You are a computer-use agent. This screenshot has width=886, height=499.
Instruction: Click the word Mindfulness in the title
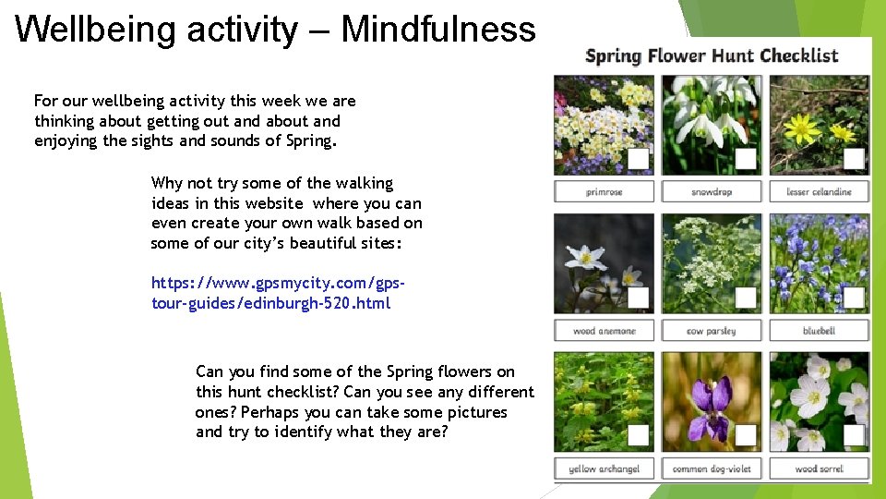coord(437,30)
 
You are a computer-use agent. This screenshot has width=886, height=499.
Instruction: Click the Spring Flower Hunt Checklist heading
coord(712,55)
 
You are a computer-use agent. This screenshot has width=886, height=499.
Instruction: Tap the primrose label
coord(604,192)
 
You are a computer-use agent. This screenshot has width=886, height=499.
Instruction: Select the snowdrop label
coord(712,192)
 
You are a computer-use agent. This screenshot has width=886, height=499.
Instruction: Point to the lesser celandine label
coord(819,192)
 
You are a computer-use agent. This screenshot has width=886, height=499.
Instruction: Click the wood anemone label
coord(604,331)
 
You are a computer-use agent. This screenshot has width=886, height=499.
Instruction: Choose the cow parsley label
coord(712,331)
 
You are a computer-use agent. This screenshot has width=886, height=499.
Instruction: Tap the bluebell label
coord(819,331)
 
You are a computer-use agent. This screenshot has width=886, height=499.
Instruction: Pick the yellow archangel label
coord(604,469)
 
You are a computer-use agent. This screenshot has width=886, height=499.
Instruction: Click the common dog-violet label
coord(712,469)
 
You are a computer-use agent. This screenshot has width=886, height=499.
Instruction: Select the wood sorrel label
coord(819,469)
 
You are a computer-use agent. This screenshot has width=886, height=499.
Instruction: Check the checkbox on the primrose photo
coord(638,159)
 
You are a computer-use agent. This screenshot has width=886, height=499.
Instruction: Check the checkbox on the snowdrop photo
coord(746,159)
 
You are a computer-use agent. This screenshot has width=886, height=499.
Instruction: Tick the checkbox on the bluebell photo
coord(854,298)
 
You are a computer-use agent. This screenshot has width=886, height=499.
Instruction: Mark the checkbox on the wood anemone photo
coord(638,298)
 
